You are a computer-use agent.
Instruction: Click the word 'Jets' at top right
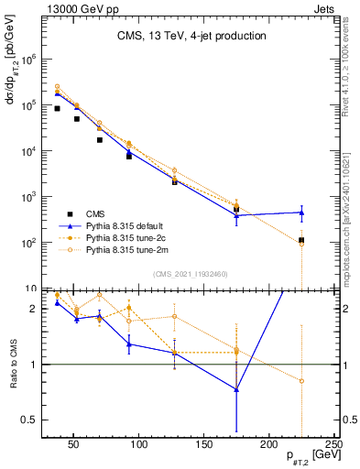324,8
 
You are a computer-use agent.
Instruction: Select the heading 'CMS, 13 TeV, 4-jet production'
191,37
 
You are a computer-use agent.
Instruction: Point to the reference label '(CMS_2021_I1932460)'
190,273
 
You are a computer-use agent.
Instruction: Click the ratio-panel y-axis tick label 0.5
30,420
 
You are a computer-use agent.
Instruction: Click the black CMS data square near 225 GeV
301,240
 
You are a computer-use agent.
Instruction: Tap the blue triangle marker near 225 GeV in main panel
301,213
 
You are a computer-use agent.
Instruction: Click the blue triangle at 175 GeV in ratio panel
236,389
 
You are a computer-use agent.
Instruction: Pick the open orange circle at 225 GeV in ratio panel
301,380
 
